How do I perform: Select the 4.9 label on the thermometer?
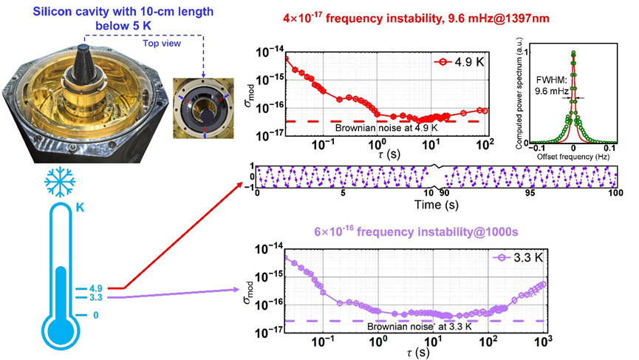[94, 288]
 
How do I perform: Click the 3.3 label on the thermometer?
[94, 297]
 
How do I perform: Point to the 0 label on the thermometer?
[95, 315]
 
